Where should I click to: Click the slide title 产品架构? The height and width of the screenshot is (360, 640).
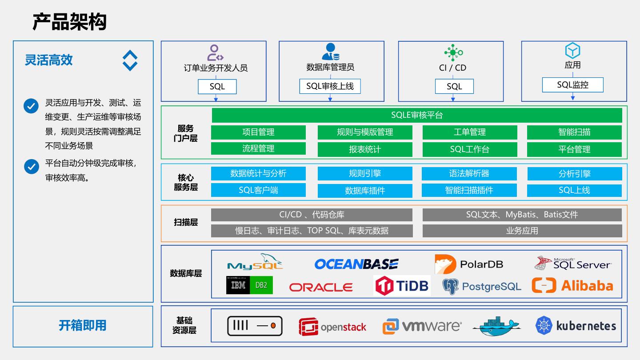(69, 22)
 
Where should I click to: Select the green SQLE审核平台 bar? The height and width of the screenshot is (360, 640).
(417, 115)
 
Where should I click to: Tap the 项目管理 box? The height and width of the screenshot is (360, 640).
(258, 132)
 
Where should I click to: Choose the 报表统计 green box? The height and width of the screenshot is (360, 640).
(365, 149)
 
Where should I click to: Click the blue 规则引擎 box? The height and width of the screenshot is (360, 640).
(365, 173)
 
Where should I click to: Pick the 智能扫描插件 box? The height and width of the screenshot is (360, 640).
(469, 190)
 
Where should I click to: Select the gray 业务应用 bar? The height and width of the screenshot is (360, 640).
(522, 231)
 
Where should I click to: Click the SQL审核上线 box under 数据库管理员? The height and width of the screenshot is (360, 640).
(330, 86)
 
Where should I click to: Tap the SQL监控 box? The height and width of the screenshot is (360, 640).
(572, 85)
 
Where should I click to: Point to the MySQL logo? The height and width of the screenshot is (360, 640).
(255, 262)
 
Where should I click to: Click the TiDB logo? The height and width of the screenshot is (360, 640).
(402, 285)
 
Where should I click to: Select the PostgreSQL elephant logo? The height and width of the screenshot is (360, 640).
(450, 286)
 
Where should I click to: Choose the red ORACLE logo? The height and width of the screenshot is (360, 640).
(321, 287)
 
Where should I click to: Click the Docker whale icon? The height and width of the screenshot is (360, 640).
(496, 326)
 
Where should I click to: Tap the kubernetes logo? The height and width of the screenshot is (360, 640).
(576, 325)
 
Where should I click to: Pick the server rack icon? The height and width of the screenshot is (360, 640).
(255, 326)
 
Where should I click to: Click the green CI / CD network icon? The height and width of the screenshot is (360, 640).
(453, 52)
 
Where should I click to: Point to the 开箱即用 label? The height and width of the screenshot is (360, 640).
(83, 325)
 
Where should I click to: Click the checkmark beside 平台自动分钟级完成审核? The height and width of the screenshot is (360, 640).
(32, 167)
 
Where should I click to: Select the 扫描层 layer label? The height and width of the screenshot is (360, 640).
(186, 222)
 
